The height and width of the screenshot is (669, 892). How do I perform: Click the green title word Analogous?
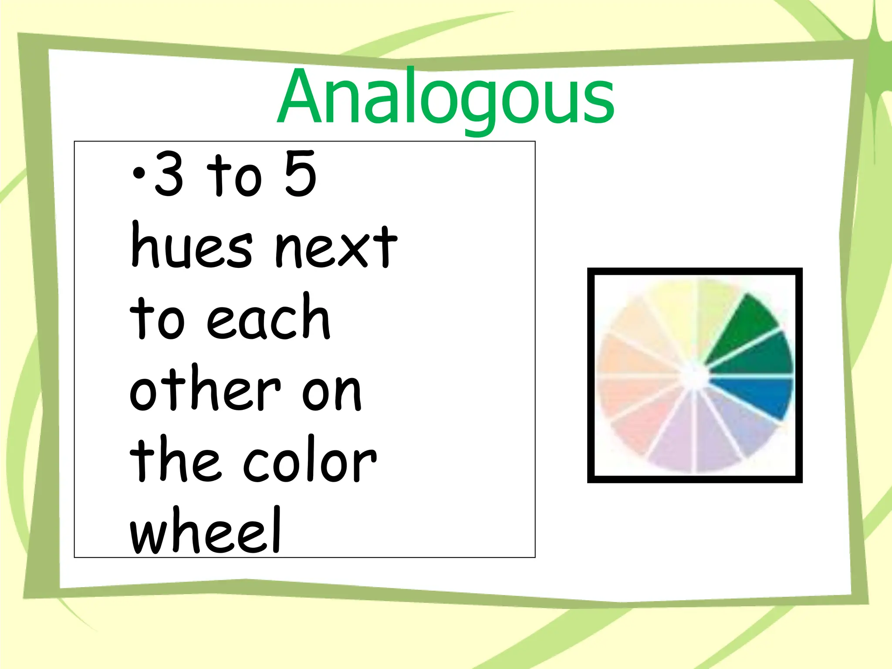coord(445,98)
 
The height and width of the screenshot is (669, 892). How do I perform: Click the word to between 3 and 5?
coord(234,176)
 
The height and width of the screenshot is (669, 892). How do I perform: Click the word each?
coord(268,317)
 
